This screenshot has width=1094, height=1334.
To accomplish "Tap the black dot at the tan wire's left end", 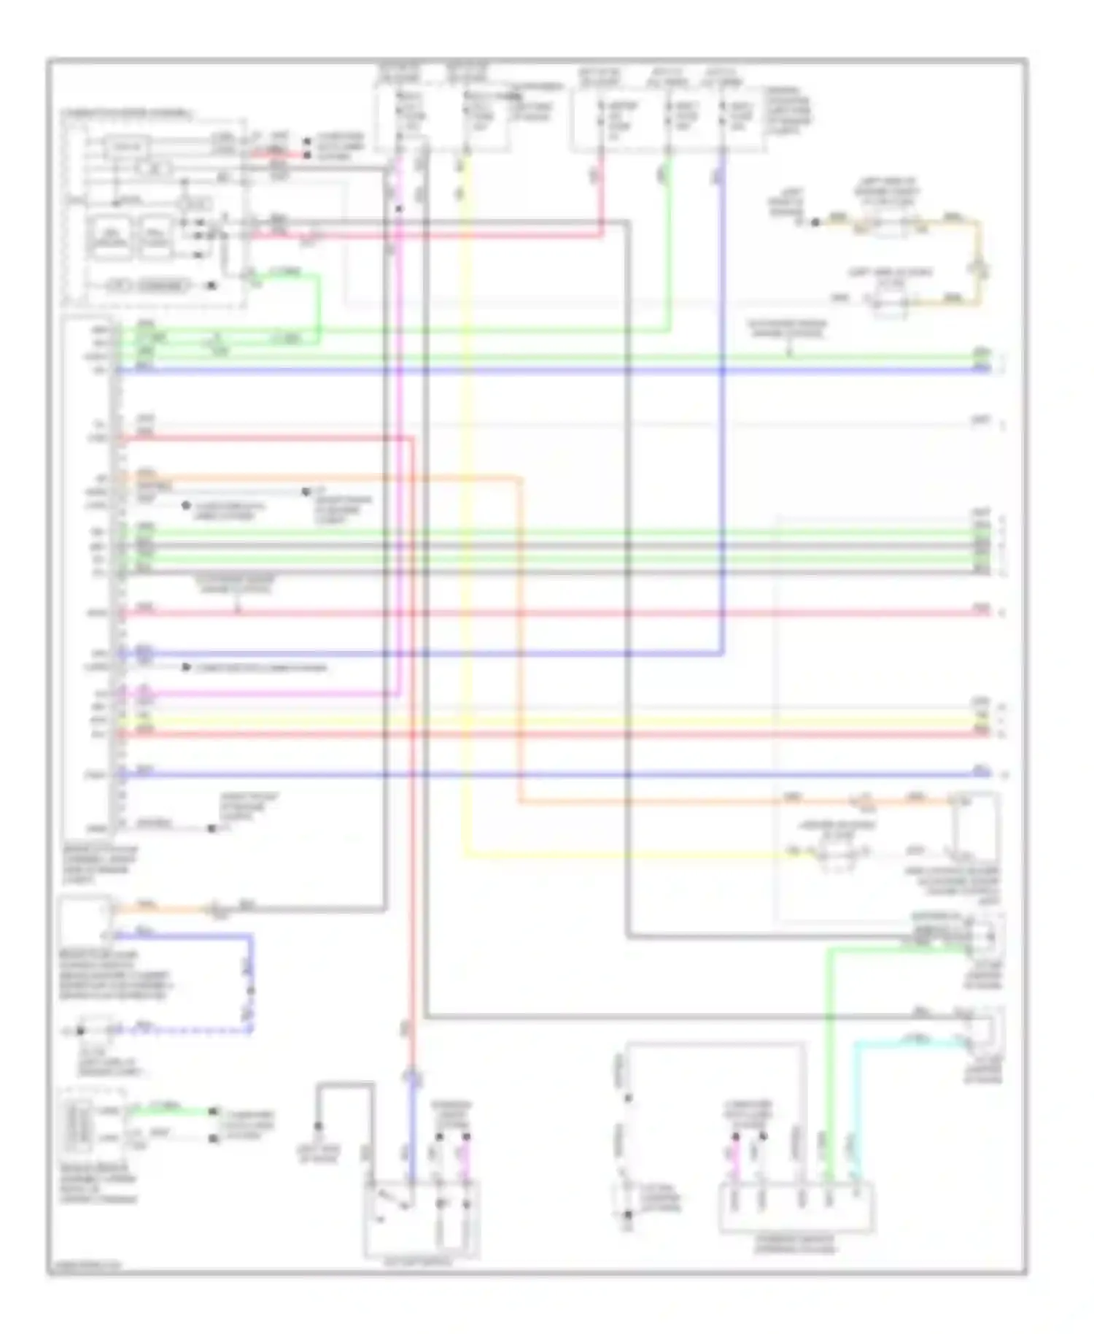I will (x=815, y=221).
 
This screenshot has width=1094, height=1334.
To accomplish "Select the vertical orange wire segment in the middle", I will (x=521, y=642).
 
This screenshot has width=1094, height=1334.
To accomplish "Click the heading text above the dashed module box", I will (x=128, y=114).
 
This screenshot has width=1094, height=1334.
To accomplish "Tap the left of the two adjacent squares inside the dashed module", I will (x=109, y=237).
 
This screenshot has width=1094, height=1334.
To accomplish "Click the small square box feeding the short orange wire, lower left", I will (x=86, y=921).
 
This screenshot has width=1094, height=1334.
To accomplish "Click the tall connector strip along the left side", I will (x=115, y=577).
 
